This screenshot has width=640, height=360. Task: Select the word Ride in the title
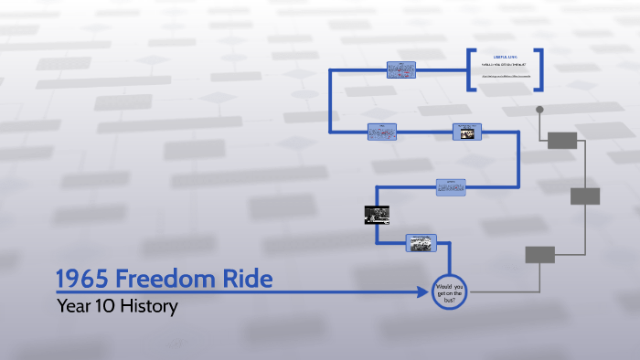point(250,279)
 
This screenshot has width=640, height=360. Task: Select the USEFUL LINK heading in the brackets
point(505,56)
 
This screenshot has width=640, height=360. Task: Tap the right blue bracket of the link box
point(539,69)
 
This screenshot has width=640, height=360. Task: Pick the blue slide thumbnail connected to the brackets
point(401,69)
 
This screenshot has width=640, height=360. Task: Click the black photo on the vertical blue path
point(377,216)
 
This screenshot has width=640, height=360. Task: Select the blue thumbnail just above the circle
point(421,243)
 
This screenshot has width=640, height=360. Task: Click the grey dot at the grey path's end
point(539,110)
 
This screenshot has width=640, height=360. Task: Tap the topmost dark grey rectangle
point(562,140)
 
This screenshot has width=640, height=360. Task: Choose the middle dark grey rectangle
point(585,196)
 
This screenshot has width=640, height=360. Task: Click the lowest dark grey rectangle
point(539,255)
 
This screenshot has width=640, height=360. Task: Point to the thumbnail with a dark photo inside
point(466,132)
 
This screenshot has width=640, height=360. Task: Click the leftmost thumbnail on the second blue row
point(382,132)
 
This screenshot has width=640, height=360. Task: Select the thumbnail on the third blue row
point(451,186)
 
